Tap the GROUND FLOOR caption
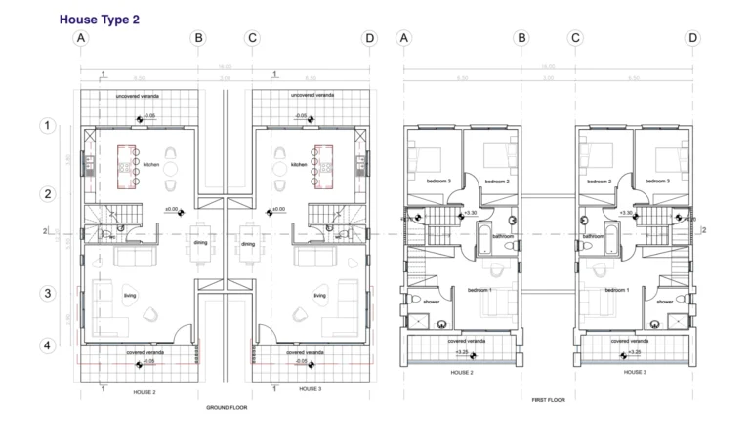pos(226,407)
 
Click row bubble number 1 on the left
pos(46,126)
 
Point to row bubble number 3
pos(46,294)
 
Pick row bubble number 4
pos(46,345)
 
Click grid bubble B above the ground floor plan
pos(198,38)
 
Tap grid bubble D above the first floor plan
pos(692,38)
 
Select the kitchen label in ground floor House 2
pos(151,165)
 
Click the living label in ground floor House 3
pos(318,295)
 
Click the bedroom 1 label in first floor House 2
pos(480,290)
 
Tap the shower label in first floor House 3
pos(665,302)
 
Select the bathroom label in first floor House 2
pos(503,236)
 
